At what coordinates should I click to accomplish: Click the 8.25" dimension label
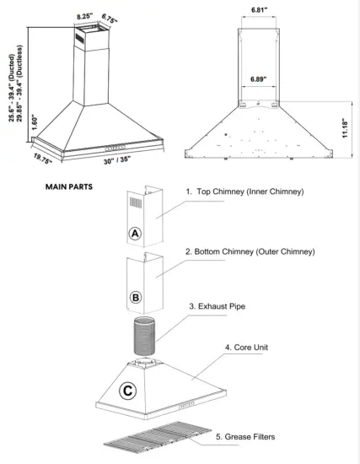(x=83, y=16)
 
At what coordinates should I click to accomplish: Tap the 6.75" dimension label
(x=109, y=17)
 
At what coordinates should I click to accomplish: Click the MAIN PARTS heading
(x=69, y=184)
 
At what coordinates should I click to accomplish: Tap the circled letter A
(x=134, y=231)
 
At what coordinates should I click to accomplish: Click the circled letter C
(x=127, y=391)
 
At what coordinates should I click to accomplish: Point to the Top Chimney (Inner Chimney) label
(x=244, y=192)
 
